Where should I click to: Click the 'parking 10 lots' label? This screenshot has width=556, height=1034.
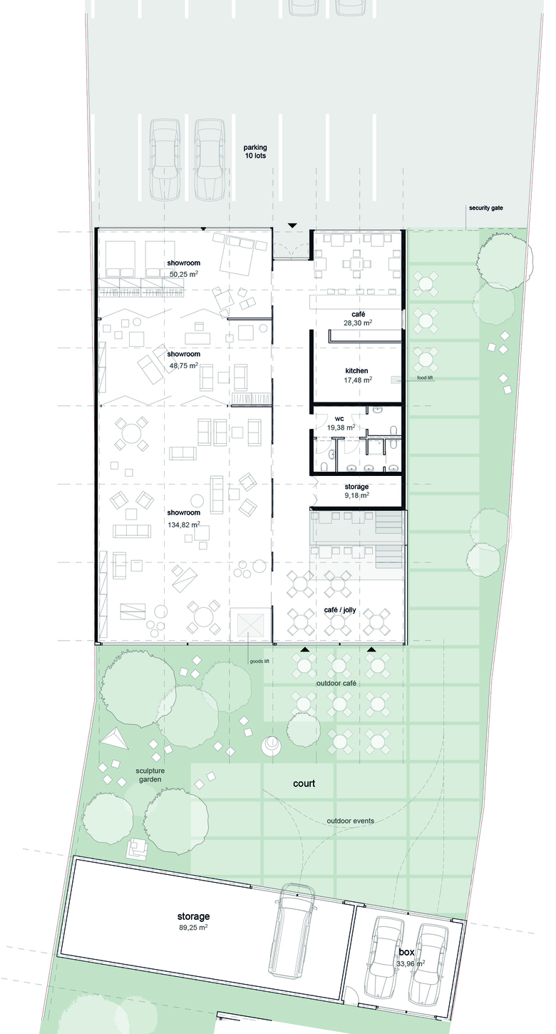click(255, 151)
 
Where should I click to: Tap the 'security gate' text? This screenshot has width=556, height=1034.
click(486, 208)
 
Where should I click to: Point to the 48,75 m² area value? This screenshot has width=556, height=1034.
click(183, 365)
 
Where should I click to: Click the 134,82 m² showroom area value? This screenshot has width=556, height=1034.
click(183, 524)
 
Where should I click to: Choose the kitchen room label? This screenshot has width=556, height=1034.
click(356, 370)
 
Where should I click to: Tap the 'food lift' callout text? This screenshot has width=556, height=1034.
click(425, 378)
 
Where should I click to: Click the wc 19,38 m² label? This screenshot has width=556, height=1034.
click(340, 423)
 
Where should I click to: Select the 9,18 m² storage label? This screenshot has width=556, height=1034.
click(356, 491)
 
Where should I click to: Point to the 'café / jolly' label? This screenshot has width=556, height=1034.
click(340, 610)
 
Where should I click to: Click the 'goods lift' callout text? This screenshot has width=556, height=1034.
click(259, 661)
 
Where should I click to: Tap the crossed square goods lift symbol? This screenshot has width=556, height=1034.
click(251, 623)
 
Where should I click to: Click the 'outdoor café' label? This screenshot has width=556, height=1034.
click(336, 683)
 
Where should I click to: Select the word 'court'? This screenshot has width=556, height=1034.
click(304, 784)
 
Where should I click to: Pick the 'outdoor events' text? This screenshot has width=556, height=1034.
click(351, 821)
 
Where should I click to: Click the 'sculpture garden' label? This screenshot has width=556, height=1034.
click(150, 775)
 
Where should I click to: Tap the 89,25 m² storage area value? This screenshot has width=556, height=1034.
click(193, 927)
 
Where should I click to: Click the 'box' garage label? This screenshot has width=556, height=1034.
click(406, 952)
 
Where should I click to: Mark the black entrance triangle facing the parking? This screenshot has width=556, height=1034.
click(292, 225)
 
